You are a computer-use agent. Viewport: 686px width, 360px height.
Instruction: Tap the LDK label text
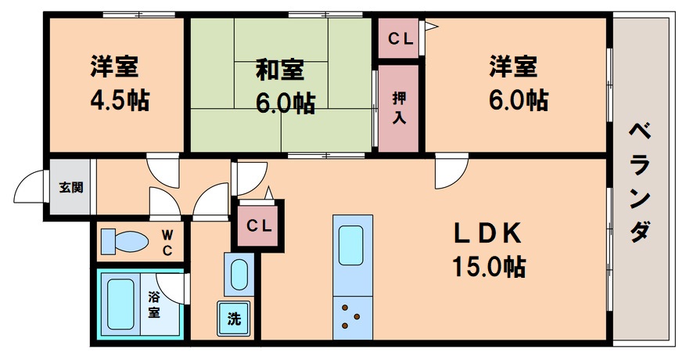[x=486, y=233]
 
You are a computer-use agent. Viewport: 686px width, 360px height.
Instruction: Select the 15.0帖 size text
[x=487, y=267]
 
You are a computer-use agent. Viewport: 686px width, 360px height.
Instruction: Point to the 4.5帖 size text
[x=117, y=100]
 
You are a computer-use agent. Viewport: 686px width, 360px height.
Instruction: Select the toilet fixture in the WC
[x=125, y=241]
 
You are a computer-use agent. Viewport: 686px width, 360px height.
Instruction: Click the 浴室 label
[x=154, y=305]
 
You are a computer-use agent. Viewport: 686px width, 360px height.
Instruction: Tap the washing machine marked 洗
[x=234, y=319]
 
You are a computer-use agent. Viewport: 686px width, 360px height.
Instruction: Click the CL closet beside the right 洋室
[x=399, y=37]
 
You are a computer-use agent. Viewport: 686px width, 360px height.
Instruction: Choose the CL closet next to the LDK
[x=259, y=225]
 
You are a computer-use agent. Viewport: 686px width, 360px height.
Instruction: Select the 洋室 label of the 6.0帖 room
[x=514, y=67]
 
